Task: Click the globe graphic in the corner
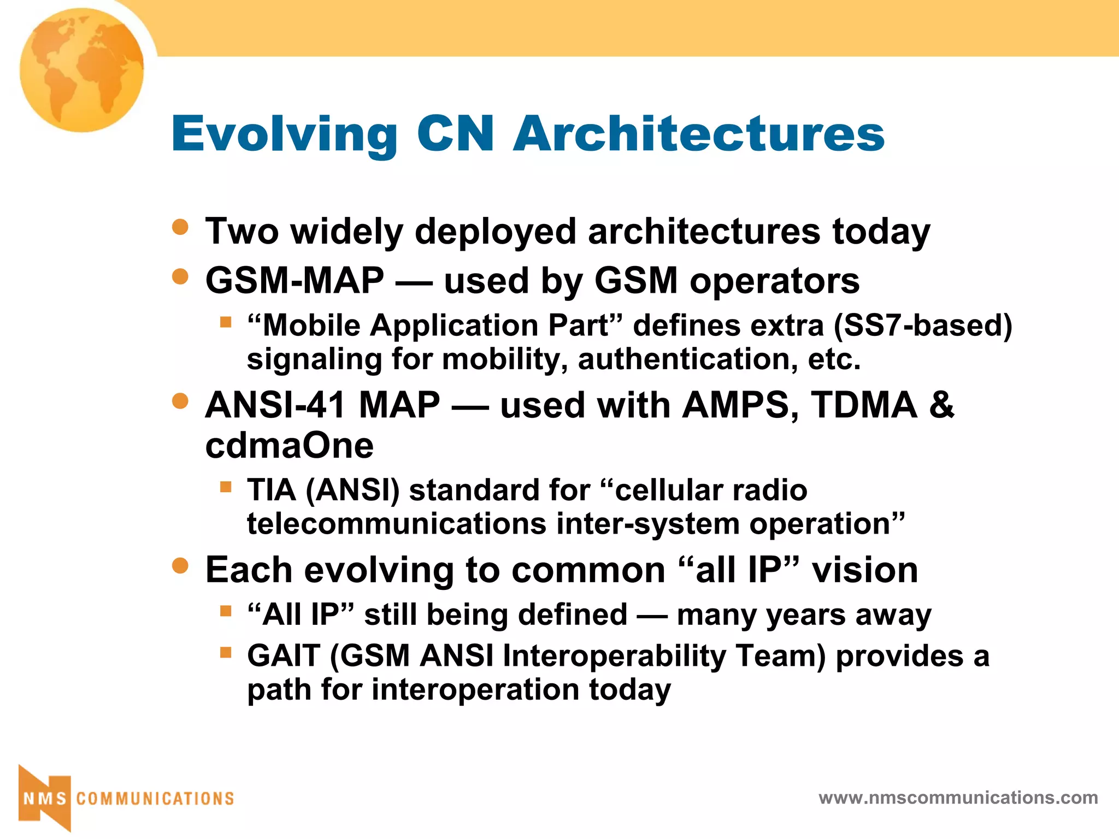tap(82, 70)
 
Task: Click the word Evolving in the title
tap(285, 134)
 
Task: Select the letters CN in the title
tap(455, 134)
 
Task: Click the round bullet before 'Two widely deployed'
tap(180, 227)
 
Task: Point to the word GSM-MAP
tap(295, 281)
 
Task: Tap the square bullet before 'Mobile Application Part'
tap(226, 322)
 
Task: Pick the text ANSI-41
tap(276, 405)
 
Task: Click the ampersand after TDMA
tap(941, 405)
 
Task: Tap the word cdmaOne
tap(289, 446)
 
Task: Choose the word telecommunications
tap(396, 524)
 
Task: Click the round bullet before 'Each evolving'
tap(180, 565)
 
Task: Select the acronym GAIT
tap(283, 655)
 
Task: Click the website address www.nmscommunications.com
tap(958, 798)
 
